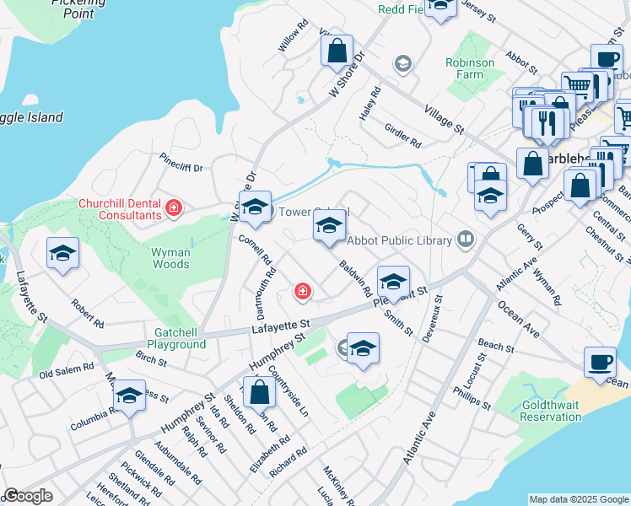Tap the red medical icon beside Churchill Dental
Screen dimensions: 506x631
pos(174,207)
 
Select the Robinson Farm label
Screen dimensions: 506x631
pos(470,68)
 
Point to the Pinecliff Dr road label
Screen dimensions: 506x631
pos(181,162)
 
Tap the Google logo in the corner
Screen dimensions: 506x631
pos(29,496)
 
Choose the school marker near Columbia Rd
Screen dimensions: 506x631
pos(129,396)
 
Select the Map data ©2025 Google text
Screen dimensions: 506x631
pos(579,499)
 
